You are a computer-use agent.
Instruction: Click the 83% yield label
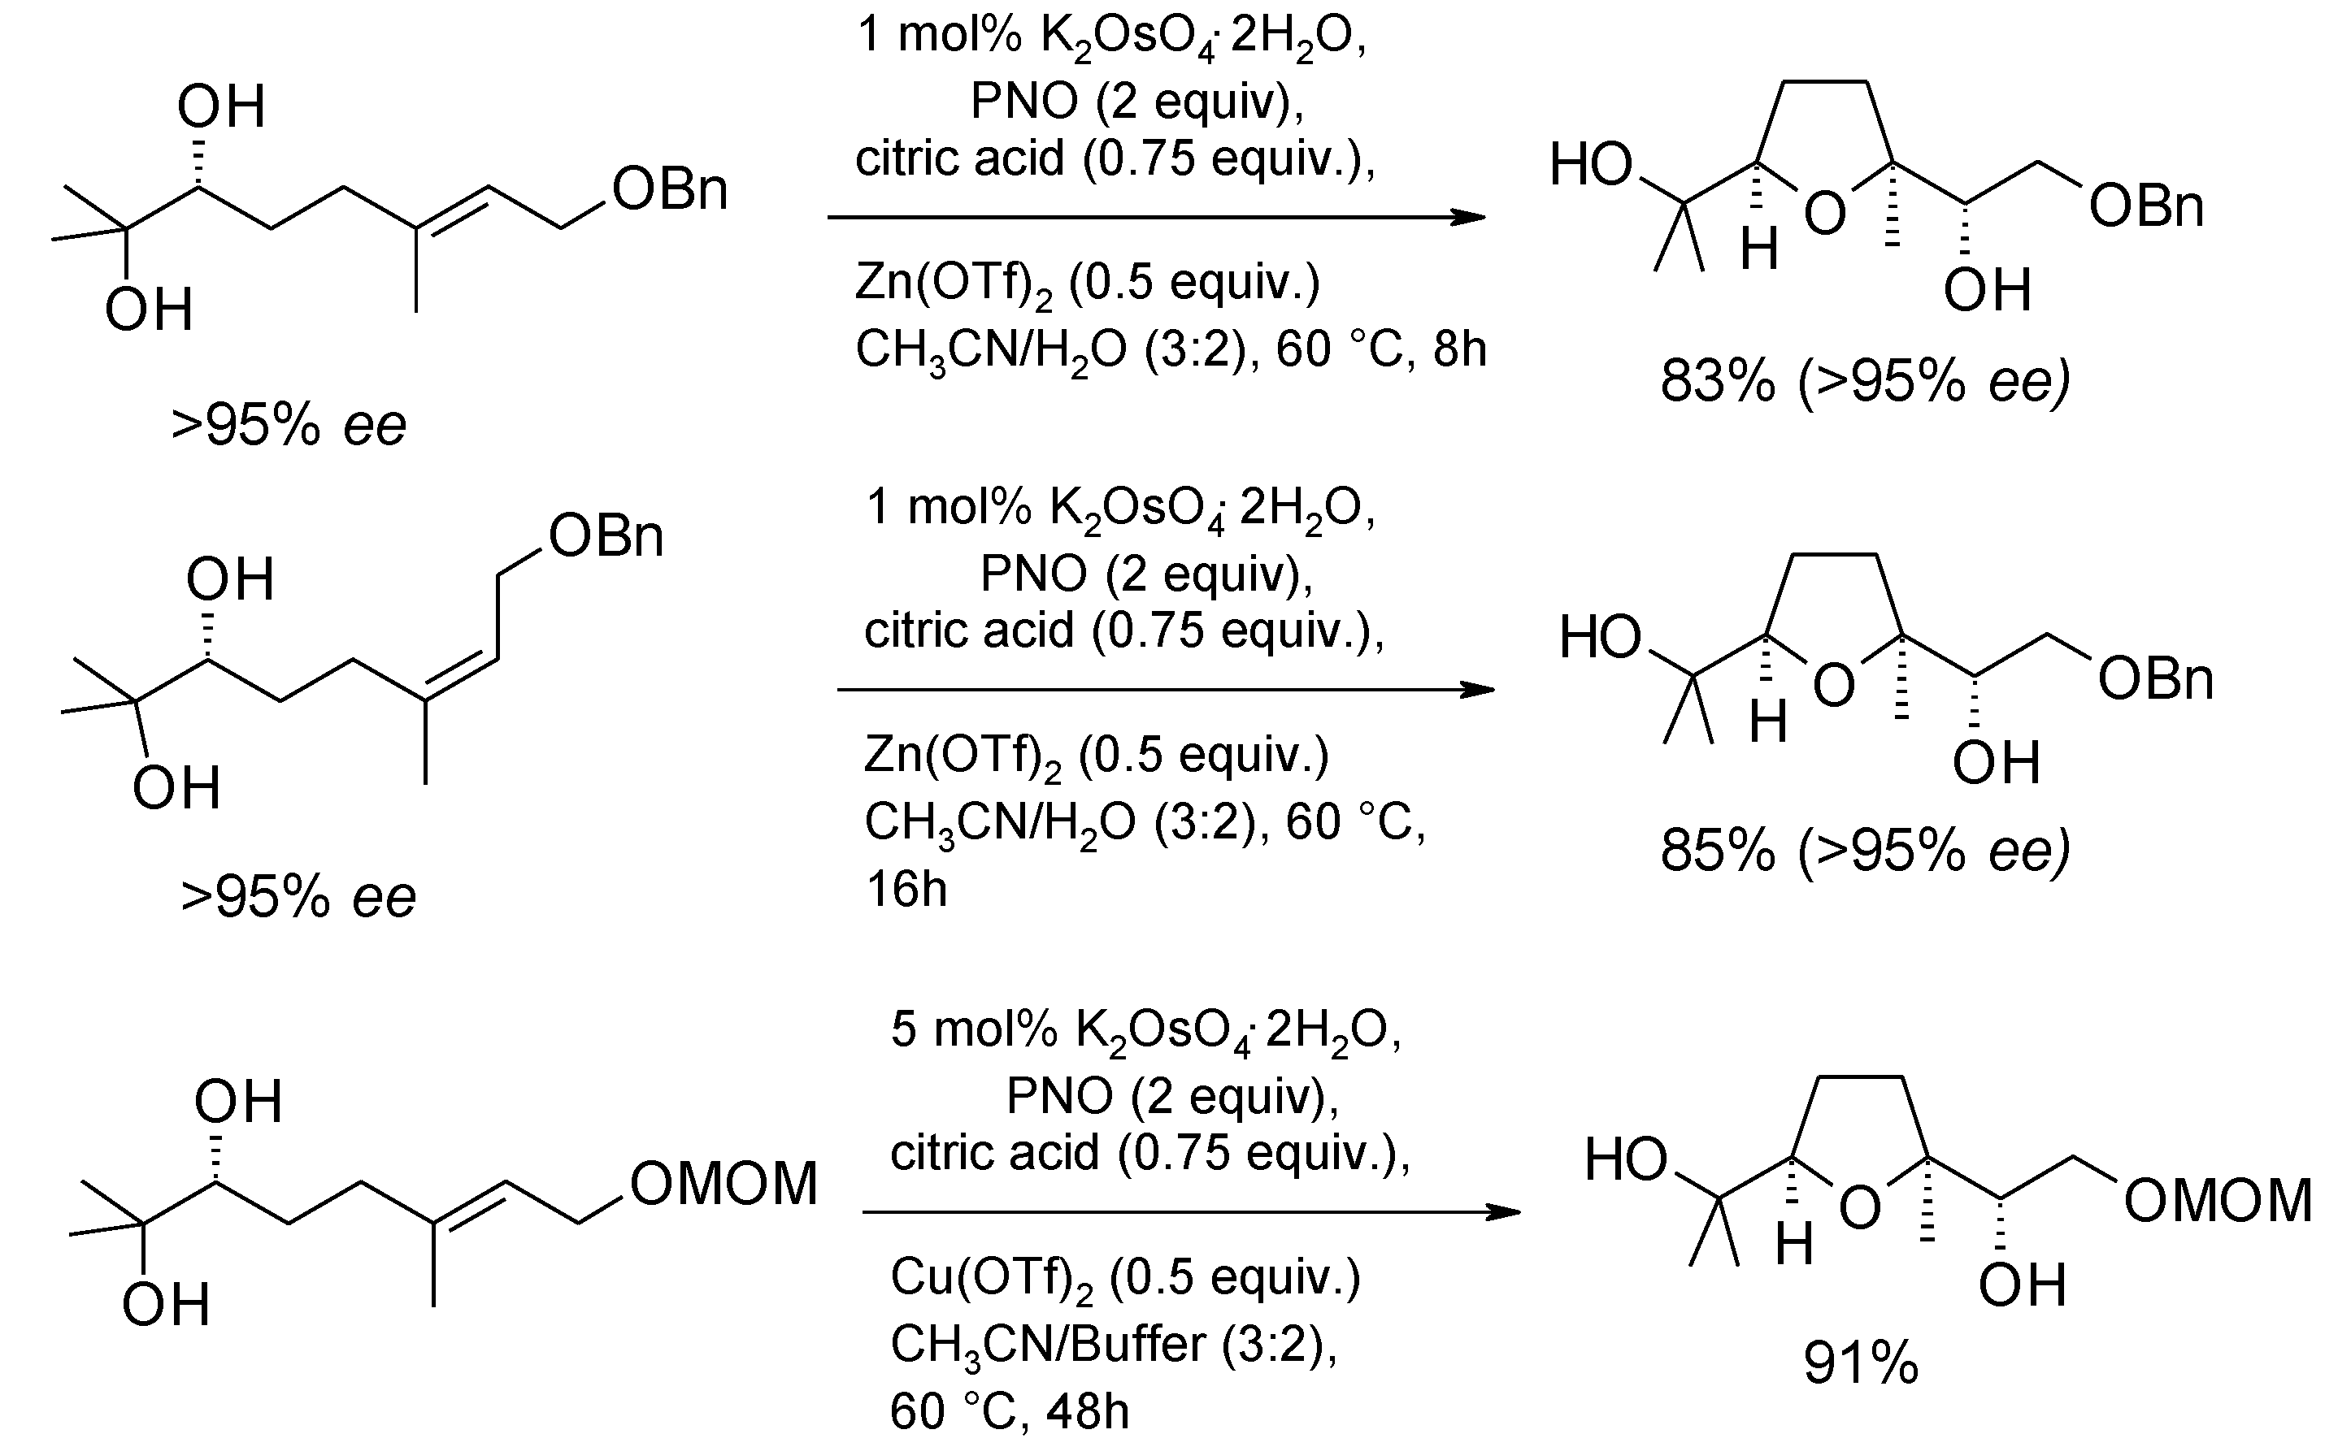[x=1718, y=381]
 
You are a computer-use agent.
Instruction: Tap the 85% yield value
[x=1718, y=850]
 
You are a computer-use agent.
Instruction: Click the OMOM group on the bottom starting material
[x=724, y=1184]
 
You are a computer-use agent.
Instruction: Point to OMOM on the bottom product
[x=2218, y=1201]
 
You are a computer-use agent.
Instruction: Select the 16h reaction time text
[x=906, y=890]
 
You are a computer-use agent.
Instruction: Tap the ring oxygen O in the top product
[x=1825, y=214]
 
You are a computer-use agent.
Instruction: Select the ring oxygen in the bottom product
[x=1860, y=1209]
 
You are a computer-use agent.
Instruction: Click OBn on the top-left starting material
[x=670, y=189]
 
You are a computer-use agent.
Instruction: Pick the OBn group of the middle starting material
[x=606, y=536]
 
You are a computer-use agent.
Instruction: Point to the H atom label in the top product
[x=1758, y=251]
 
